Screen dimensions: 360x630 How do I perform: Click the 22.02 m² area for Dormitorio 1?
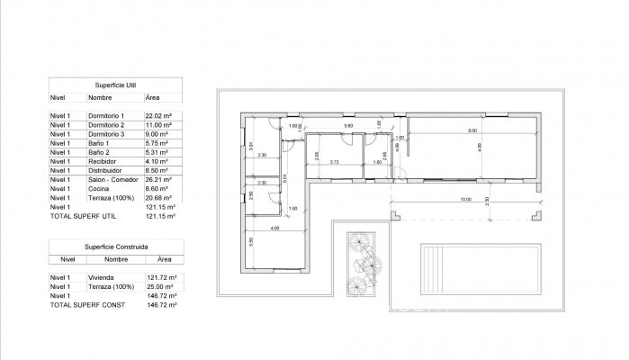click(158, 117)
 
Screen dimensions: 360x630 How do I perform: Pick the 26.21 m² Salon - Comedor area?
click(157, 179)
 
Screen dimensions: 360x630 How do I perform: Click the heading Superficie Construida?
click(116, 245)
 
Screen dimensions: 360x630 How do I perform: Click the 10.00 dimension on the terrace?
click(464, 199)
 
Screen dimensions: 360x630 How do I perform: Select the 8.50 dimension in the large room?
click(471, 132)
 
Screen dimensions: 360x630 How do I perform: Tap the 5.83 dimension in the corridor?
click(336, 126)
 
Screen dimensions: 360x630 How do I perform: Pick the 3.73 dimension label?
click(334, 162)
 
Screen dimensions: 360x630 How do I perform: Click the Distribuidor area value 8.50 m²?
click(157, 170)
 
